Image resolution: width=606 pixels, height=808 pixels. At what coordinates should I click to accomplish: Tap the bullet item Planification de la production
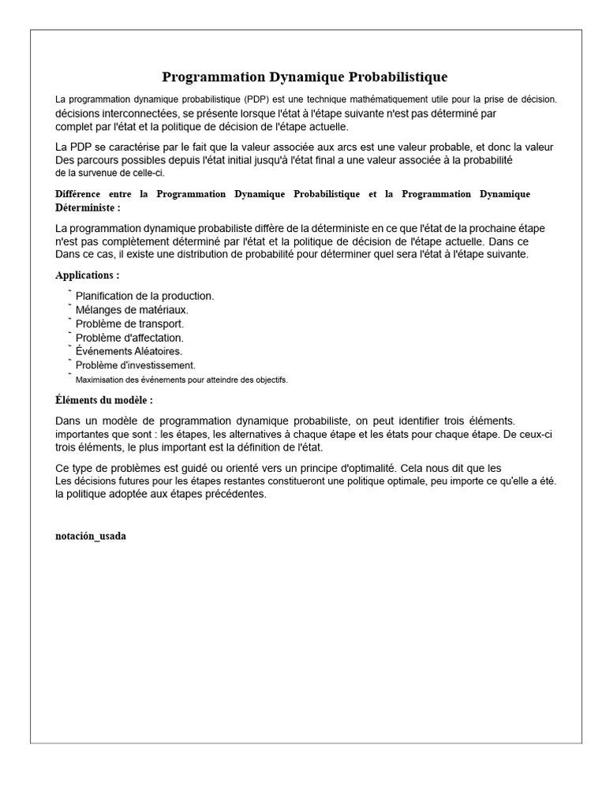[144, 296]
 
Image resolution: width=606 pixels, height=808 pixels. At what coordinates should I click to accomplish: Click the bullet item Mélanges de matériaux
[132, 310]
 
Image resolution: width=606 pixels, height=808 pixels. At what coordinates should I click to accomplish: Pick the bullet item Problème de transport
[129, 324]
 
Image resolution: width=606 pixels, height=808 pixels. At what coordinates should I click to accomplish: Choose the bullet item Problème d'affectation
[129, 338]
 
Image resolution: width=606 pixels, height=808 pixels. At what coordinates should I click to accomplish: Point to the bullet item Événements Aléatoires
[129, 351]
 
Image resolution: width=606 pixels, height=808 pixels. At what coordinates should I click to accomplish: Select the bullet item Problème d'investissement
[135, 365]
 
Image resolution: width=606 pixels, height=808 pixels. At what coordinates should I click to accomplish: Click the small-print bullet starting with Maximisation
[181, 380]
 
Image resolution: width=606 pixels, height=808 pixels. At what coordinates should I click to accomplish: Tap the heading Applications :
[88, 275]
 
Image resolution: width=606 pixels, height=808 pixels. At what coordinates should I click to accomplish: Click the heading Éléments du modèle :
[104, 400]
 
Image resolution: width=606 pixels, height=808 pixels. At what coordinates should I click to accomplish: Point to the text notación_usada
[91, 536]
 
